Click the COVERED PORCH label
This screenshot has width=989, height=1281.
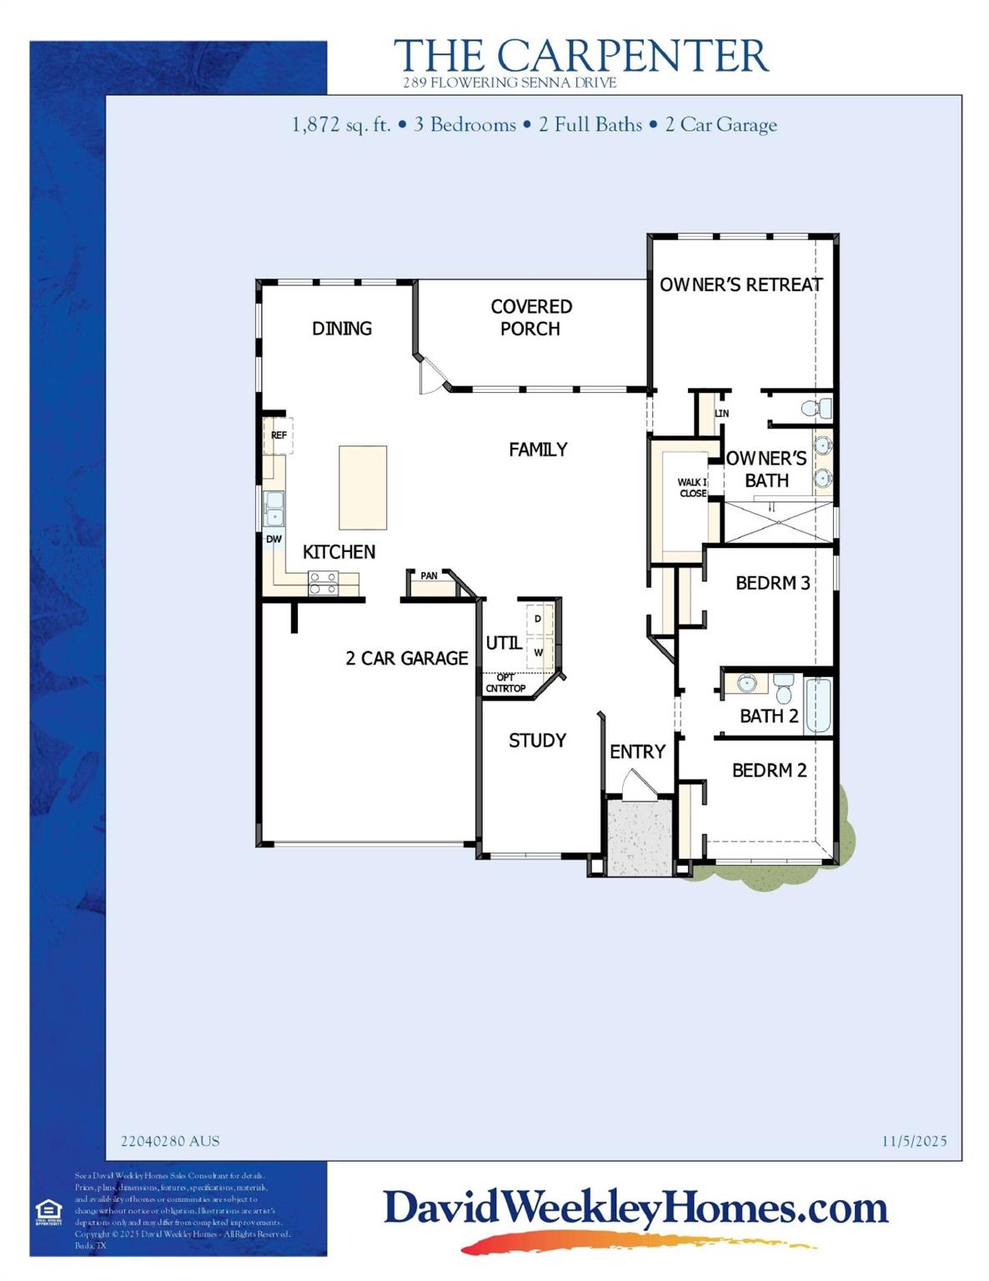[x=531, y=318]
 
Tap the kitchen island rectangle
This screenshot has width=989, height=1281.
[x=363, y=487]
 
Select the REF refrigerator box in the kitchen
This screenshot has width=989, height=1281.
[x=279, y=435]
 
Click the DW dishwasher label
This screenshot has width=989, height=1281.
[x=274, y=540]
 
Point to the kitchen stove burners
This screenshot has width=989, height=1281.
[x=323, y=583]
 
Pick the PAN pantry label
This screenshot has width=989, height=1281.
[x=429, y=576]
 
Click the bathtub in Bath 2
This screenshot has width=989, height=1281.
[x=818, y=706]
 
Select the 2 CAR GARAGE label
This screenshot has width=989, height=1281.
[x=407, y=659]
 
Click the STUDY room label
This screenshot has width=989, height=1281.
[x=537, y=741]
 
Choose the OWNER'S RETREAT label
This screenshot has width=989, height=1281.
[x=740, y=285]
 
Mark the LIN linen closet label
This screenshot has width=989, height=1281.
[x=721, y=414]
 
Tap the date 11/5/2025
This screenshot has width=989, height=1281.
[x=914, y=1141]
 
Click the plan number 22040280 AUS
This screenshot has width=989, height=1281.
[x=170, y=1141]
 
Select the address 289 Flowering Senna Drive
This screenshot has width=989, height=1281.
[x=510, y=83]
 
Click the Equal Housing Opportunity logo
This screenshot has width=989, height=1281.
[x=48, y=1211]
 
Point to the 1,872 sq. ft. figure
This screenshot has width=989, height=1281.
[x=341, y=125]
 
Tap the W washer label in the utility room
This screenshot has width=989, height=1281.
[x=539, y=652]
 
